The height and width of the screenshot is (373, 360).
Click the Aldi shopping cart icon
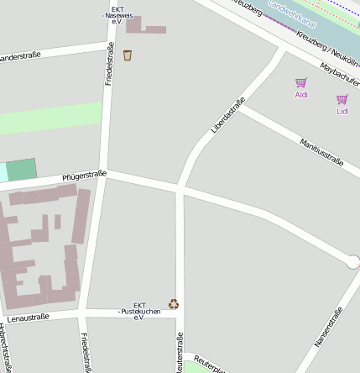click(301, 82)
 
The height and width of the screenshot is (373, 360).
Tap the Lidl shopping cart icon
click(342, 99)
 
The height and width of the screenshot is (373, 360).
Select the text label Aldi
click(301, 95)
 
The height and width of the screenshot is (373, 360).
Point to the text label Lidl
click(342, 111)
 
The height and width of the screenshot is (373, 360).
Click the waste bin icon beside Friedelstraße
click(128, 55)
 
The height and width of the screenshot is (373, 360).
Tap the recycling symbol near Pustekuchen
click(174, 303)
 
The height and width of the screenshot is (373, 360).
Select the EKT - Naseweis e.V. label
click(113, 15)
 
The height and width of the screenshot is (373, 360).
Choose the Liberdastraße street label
click(227, 116)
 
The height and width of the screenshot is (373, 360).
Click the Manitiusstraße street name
click(321, 151)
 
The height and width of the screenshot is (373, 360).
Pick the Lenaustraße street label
click(29, 318)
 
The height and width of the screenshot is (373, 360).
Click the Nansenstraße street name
click(328, 328)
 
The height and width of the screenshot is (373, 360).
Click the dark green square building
click(22, 169)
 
